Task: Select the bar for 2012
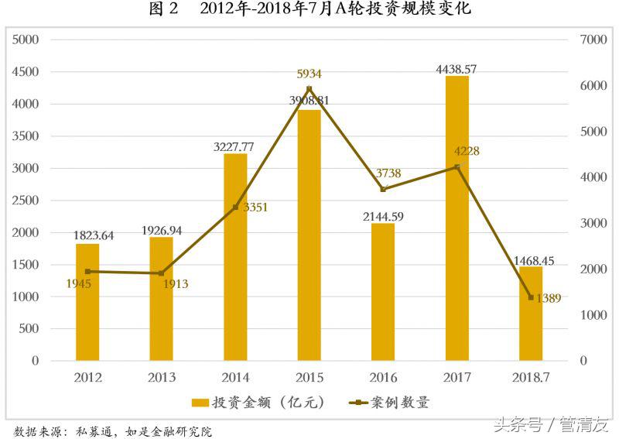(87, 302)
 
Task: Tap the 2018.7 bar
(531, 314)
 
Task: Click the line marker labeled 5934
(309, 88)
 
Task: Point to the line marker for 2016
(383, 189)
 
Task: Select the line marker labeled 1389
(531, 297)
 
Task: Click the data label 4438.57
(457, 69)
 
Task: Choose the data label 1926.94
(162, 230)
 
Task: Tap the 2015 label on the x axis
(309, 378)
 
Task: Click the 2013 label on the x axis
(162, 378)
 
